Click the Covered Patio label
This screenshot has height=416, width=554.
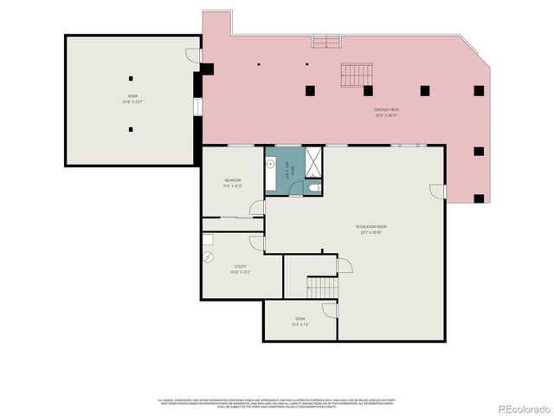(385, 112)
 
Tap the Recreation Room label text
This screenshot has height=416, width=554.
(370, 230)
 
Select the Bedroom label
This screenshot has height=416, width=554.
(232, 182)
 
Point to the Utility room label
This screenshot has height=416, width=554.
(241, 269)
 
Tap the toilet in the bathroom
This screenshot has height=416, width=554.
(315, 187)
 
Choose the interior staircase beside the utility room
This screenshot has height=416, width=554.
(322, 287)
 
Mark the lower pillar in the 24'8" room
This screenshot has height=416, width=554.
(130, 130)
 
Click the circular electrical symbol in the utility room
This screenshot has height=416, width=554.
(209, 257)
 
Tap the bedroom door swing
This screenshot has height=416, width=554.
(257, 208)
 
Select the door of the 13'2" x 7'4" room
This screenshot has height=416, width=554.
(330, 310)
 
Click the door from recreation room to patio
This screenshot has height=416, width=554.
(437, 192)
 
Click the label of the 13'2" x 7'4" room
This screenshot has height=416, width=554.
(300, 322)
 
